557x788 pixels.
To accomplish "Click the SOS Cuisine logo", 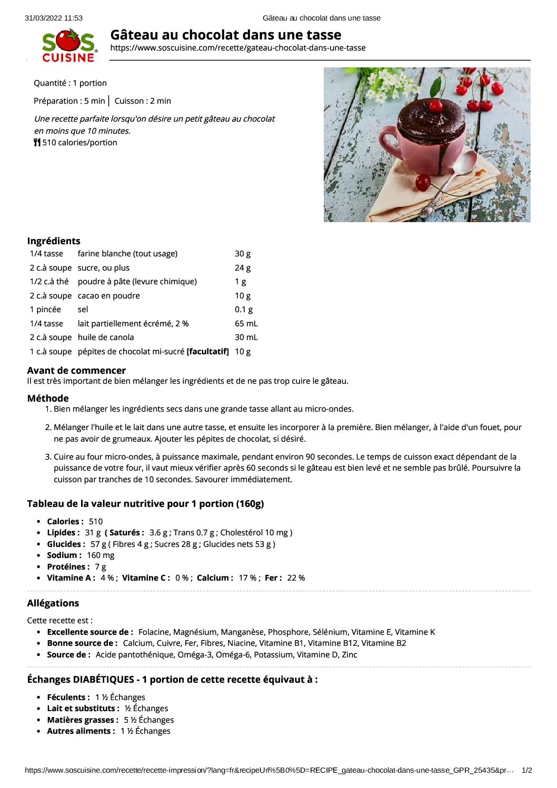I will tap(69, 46).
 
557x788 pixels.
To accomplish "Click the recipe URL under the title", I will tap(237, 48).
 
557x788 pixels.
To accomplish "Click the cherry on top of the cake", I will tap(436, 105).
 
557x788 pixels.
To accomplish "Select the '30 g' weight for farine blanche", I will tap(242, 254).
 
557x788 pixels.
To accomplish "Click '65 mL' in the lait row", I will tap(246, 324).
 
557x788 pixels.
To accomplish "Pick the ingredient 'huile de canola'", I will tap(106, 337).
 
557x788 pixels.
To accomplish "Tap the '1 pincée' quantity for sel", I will tap(45, 310).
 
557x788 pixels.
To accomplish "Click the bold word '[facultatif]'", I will tap(207, 352).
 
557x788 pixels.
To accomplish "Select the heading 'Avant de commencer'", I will tap(76, 371).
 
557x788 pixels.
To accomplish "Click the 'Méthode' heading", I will tap(48, 398).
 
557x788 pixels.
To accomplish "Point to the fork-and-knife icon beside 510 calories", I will tap(37, 143).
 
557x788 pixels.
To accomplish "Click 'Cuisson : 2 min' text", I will tap(143, 101).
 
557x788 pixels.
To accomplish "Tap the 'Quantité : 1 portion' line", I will tap(70, 83).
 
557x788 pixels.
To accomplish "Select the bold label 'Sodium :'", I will tap(64, 555).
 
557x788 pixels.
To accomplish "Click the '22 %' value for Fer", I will tap(296, 578).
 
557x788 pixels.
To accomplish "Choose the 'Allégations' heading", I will tap(53, 603).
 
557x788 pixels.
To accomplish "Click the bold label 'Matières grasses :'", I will tap(83, 720).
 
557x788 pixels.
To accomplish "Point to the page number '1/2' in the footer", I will tap(526, 771).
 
